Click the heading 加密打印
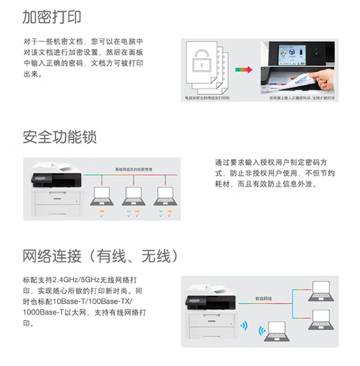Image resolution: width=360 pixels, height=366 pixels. [52, 17]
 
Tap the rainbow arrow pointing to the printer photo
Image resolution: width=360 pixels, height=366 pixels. [243, 70]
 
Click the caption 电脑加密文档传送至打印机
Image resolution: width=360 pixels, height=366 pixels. [207, 98]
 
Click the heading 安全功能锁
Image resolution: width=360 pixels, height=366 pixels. [60, 136]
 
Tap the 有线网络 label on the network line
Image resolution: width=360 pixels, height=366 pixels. [263, 299]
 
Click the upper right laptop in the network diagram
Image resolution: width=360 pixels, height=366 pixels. [321, 290]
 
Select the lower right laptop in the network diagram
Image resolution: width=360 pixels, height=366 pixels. [321, 318]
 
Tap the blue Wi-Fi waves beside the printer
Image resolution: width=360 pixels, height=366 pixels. [244, 325]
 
